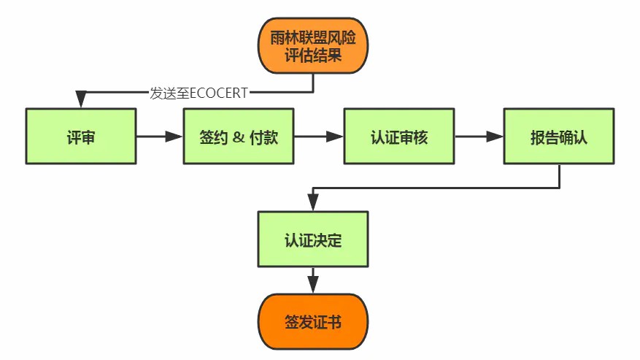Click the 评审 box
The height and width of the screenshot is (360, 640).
[80, 137]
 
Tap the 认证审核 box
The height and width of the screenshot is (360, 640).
[398, 137]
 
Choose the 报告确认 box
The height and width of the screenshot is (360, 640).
[558, 137]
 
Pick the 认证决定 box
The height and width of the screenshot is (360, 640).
[313, 240]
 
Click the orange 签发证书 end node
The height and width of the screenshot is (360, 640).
[313, 323]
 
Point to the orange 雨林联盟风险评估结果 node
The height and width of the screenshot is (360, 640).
[313, 45]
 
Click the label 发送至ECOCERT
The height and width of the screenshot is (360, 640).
[198, 93]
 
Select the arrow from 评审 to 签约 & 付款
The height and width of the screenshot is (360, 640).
[159, 137]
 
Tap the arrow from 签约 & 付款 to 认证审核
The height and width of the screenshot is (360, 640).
[319, 137]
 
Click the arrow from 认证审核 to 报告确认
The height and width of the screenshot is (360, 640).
[479, 137]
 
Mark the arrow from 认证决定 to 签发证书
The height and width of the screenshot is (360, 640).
[313, 280]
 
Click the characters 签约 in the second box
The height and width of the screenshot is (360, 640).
[212, 137]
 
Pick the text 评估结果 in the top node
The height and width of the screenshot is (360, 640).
[313, 55]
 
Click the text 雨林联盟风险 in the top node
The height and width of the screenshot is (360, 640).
[313, 36]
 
